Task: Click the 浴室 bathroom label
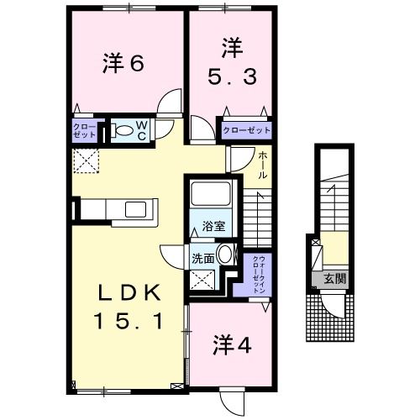pos(213,227)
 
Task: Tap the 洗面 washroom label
pos(202,259)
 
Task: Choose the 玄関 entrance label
pos(334,279)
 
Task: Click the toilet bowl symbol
pos(123,130)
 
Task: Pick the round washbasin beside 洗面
pos(225,255)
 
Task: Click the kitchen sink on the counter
pos(135,209)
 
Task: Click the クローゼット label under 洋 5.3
pos(247,130)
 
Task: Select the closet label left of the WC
pos(84,130)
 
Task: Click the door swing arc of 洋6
pos(170,103)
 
